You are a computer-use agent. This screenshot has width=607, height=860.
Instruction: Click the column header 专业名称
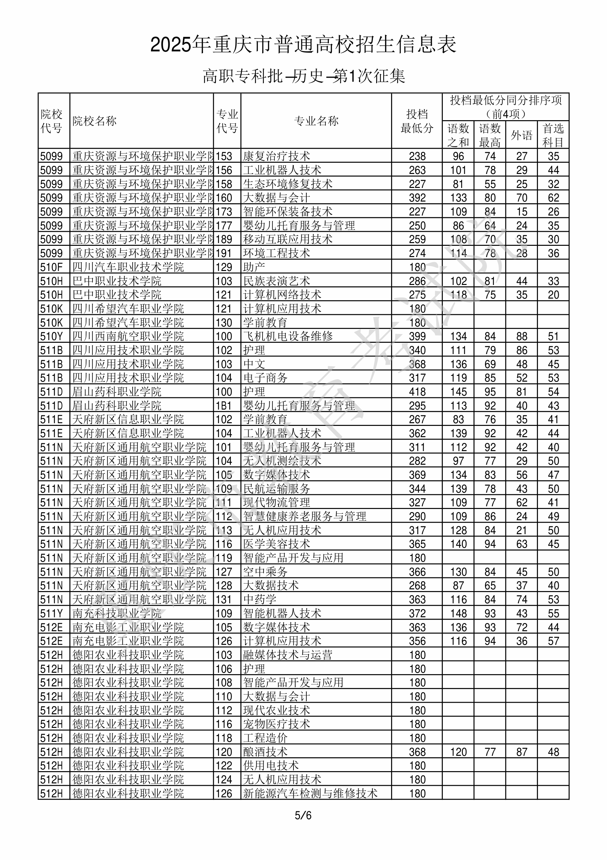(316, 121)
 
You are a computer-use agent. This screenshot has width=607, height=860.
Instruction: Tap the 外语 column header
(521, 135)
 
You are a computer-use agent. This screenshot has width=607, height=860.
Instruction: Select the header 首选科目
(553, 135)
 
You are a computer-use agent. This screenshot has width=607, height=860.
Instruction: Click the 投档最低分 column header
(417, 121)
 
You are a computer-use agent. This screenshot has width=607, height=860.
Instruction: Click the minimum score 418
(417, 392)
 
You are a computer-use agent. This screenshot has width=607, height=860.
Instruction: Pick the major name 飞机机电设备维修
(288, 336)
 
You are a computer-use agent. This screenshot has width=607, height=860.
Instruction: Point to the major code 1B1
(224, 405)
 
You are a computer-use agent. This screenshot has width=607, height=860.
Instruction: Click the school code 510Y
(52, 336)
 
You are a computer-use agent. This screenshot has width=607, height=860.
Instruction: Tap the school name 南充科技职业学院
(117, 613)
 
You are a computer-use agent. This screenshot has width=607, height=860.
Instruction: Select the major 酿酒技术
(265, 752)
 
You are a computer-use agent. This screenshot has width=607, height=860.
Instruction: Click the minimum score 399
(417, 336)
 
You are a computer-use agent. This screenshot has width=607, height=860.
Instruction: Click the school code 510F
(52, 267)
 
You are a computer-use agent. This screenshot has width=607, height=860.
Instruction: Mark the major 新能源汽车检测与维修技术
(310, 793)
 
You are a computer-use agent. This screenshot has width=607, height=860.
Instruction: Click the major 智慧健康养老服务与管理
(305, 516)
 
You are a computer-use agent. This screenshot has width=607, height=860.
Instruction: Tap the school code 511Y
(52, 613)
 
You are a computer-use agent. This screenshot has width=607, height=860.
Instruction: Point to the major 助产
(254, 267)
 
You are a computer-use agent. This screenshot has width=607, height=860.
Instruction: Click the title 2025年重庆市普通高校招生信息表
(303, 45)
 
